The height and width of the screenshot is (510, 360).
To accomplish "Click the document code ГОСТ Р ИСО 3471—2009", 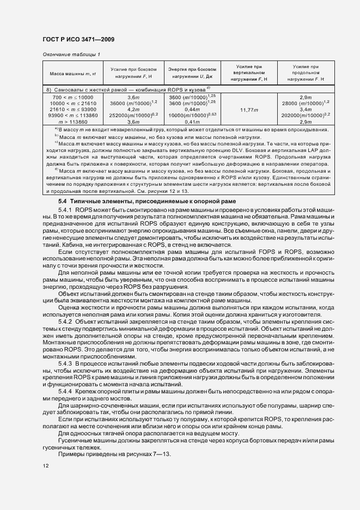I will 78,40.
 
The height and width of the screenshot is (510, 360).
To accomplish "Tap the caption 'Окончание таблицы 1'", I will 71,54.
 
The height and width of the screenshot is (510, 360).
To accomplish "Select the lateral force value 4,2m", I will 134,109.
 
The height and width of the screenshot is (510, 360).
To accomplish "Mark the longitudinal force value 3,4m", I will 306,109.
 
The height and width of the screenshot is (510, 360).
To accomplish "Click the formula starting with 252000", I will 134,115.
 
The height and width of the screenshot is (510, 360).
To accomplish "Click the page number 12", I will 45,466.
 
